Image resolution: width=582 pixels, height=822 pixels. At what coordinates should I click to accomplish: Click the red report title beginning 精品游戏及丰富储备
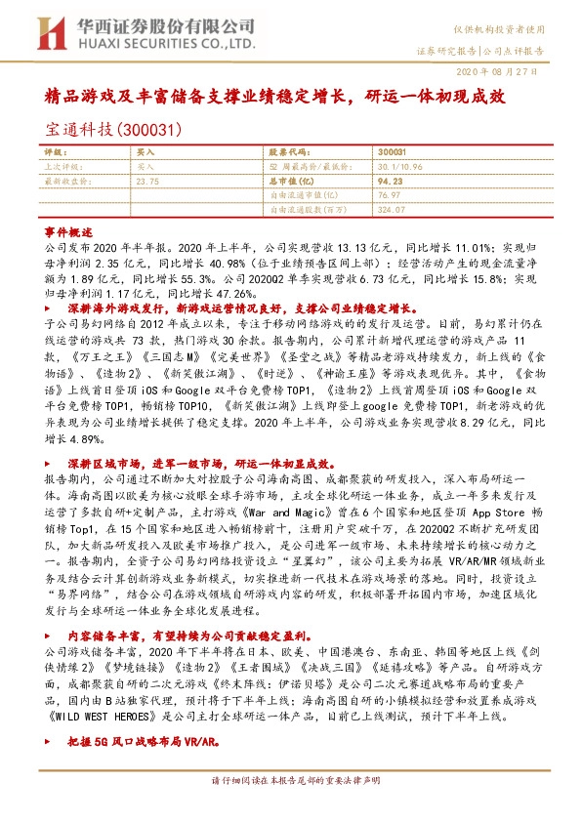pos(289,98)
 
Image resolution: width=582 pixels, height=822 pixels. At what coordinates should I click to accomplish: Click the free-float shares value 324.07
pos(391,208)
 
